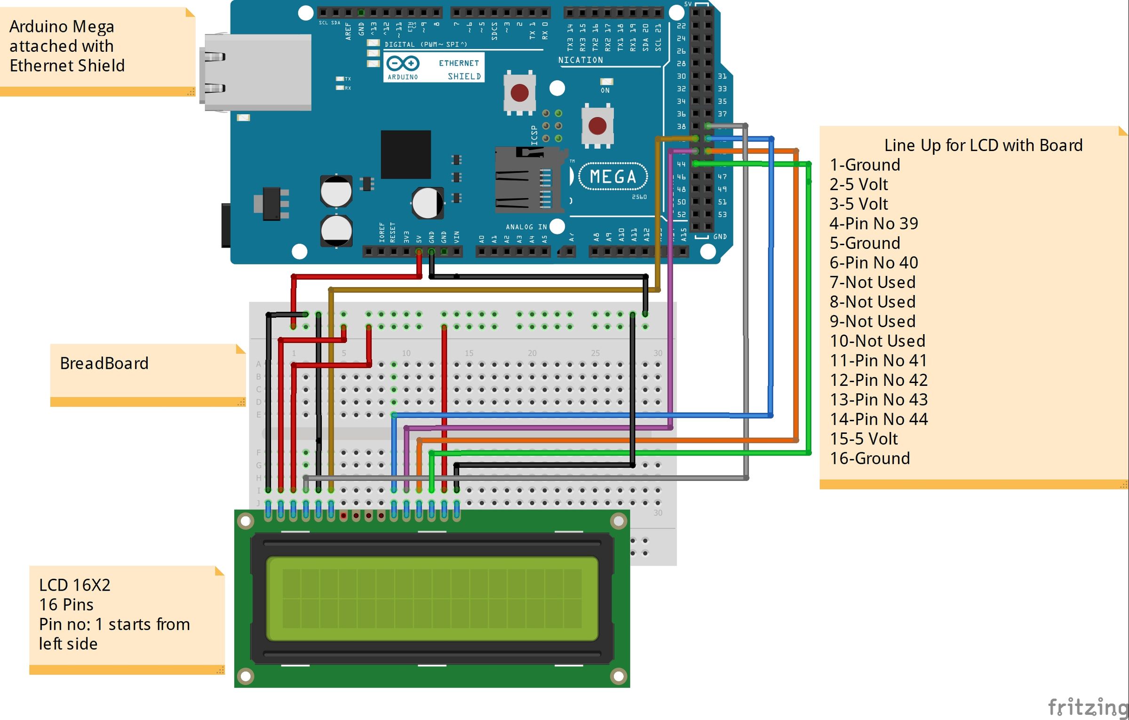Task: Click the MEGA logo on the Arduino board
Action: (612, 176)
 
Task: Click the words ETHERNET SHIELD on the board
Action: (459, 69)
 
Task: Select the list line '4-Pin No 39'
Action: (874, 223)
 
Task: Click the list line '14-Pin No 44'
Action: (878, 419)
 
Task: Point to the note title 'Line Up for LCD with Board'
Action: (983, 145)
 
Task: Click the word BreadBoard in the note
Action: (104, 363)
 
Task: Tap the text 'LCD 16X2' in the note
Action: (74, 585)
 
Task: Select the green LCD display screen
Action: (432, 598)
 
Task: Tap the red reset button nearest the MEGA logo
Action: (597, 126)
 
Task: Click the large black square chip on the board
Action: (405, 154)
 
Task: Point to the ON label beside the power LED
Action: (605, 90)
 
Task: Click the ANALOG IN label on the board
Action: (526, 227)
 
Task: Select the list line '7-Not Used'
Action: (872, 282)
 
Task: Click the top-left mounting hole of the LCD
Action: (246, 520)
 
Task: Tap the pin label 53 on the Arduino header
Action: (722, 215)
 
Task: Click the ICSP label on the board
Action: (534, 135)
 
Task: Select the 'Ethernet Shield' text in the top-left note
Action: (67, 65)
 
